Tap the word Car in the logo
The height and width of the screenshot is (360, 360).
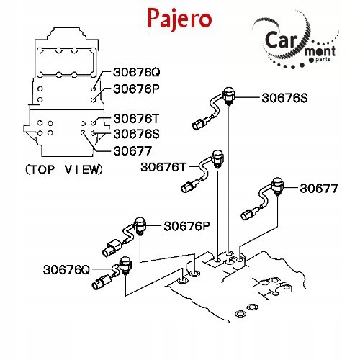[282, 40]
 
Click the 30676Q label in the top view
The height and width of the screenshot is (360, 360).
[136, 72]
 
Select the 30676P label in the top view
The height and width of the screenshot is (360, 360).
[136, 89]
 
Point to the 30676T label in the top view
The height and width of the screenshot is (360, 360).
[136, 119]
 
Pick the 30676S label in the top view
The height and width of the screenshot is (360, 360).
[136, 134]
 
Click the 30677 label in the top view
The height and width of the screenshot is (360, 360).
[132, 151]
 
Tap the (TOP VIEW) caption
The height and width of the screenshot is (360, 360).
[64, 169]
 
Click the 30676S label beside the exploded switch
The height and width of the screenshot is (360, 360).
[284, 98]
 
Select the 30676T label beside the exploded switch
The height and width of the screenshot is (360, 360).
[163, 167]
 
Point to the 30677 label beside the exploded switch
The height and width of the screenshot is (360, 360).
[319, 189]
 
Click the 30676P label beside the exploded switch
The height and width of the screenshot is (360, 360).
[186, 226]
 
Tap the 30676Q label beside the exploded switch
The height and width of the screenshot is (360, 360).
[66, 270]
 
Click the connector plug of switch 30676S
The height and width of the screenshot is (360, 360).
[199, 124]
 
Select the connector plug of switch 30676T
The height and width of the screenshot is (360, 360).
[187, 186]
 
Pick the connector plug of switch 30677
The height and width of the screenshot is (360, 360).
[248, 214]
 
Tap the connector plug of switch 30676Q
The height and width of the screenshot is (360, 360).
[99, 282]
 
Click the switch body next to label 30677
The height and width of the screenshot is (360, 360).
[277, 186]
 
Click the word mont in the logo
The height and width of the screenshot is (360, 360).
[320, 51]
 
